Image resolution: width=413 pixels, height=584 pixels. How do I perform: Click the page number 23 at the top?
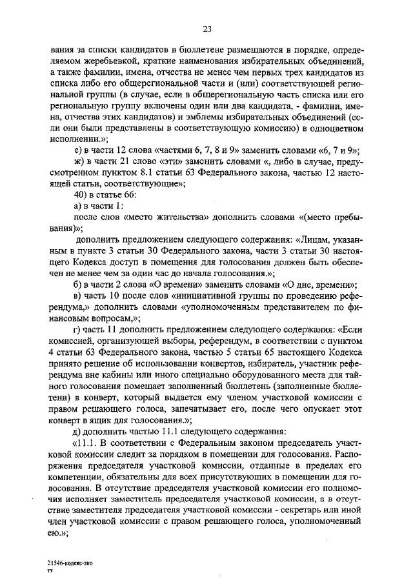[x=207, y=28]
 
